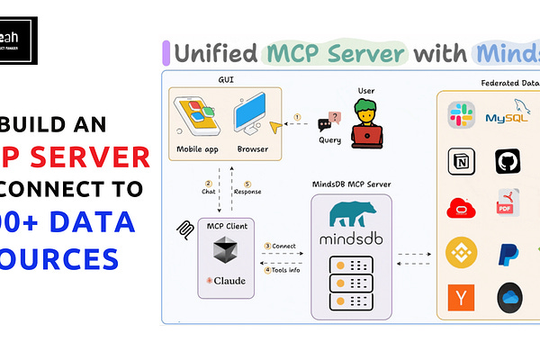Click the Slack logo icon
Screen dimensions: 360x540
click(x=462, y=115)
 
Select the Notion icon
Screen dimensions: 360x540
click(x=461, y=161)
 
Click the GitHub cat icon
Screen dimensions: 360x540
click(x=508, y=161)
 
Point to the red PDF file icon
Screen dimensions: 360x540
click(x=508, y=203)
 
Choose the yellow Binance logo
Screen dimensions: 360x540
click(x=462, y=249)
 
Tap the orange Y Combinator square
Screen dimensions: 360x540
click(x=461, y=297)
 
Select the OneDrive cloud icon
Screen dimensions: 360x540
click(x=509, y=297)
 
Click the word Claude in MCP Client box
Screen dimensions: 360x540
click(x=229, y=280)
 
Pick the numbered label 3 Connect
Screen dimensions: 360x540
click(x=280, y=246)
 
